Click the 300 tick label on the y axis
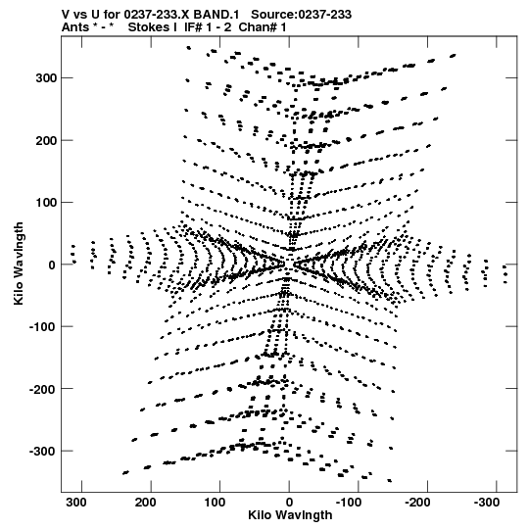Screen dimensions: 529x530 click(x=46, y=78)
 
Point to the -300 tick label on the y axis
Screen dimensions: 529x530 click(x=42, y=452)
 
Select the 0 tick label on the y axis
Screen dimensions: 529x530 click(x=52, y=265)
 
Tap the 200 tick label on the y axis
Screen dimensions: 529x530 click(x=46, y=140)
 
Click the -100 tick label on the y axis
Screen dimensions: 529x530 click(x=42, y=327)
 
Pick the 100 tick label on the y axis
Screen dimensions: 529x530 click(x=46, y=203)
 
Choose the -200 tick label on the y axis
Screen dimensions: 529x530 click(x=42, y=389)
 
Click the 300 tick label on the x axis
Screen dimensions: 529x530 click(x=76, y=503)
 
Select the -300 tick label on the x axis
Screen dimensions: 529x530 click(x=487, y=503)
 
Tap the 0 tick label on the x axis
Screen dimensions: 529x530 click(x=289, y=503)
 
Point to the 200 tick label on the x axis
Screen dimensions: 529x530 click(x=146, y=503)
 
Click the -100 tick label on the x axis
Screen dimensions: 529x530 click(x=349, y=503)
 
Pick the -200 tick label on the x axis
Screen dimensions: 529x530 click(x=417, y=503)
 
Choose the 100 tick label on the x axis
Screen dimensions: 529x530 click(x=215, y=503)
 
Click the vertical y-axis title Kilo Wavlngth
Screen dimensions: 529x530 click(x=19, y=264)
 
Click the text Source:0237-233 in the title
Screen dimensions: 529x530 click(x=301, y=15)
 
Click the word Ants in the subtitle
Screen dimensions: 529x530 click(x=75, y=27)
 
